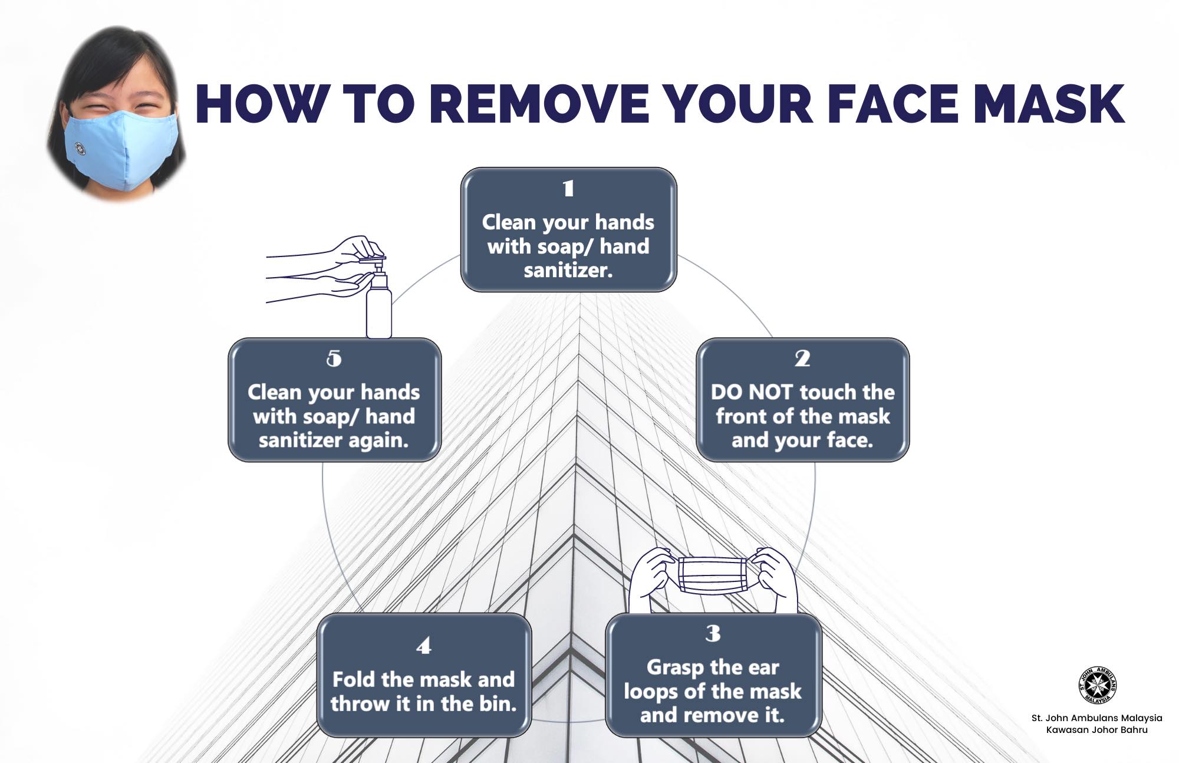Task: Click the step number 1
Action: point(568,188)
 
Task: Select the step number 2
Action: point(802,358)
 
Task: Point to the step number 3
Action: point(713,633)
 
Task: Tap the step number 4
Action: point(424,646)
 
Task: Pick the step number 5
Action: point(334,358)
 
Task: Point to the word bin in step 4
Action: point(500,703)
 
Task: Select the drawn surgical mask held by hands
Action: point(714,575)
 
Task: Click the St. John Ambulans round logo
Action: point(1097,685)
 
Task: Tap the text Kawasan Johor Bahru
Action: point(1097,730)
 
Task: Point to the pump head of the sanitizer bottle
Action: point(371,261)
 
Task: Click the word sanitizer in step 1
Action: point(568,271)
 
